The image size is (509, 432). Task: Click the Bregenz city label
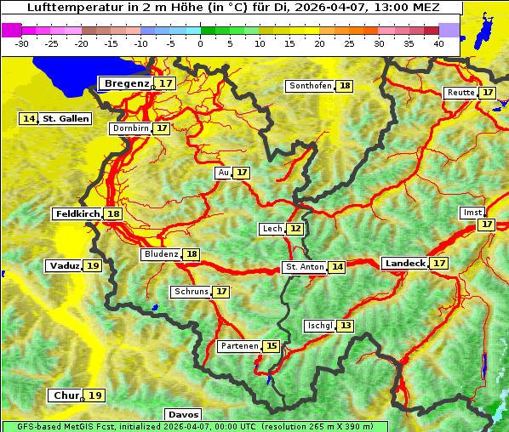click(127, 83)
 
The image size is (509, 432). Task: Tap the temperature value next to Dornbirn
click(162, 128)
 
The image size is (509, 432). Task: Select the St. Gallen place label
click(66, 119)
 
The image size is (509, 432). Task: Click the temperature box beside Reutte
click(487, 93)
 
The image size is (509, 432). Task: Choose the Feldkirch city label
click(77, 214)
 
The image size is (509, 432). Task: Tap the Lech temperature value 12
click(295, 229)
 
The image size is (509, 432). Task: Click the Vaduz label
click(65, 266)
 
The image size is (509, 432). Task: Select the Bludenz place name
click(161, 254)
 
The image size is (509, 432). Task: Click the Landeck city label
click(405, 264)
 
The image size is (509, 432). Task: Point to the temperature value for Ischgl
click(345, 326)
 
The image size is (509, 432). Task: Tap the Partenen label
click(237, 346)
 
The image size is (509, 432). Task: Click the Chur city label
click(66, 395)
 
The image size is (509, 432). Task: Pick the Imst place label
click(471, 212)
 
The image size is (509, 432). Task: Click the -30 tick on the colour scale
click(22, 43)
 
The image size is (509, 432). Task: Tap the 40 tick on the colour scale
click(438, 43)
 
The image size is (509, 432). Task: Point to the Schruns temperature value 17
click(221, 292)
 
